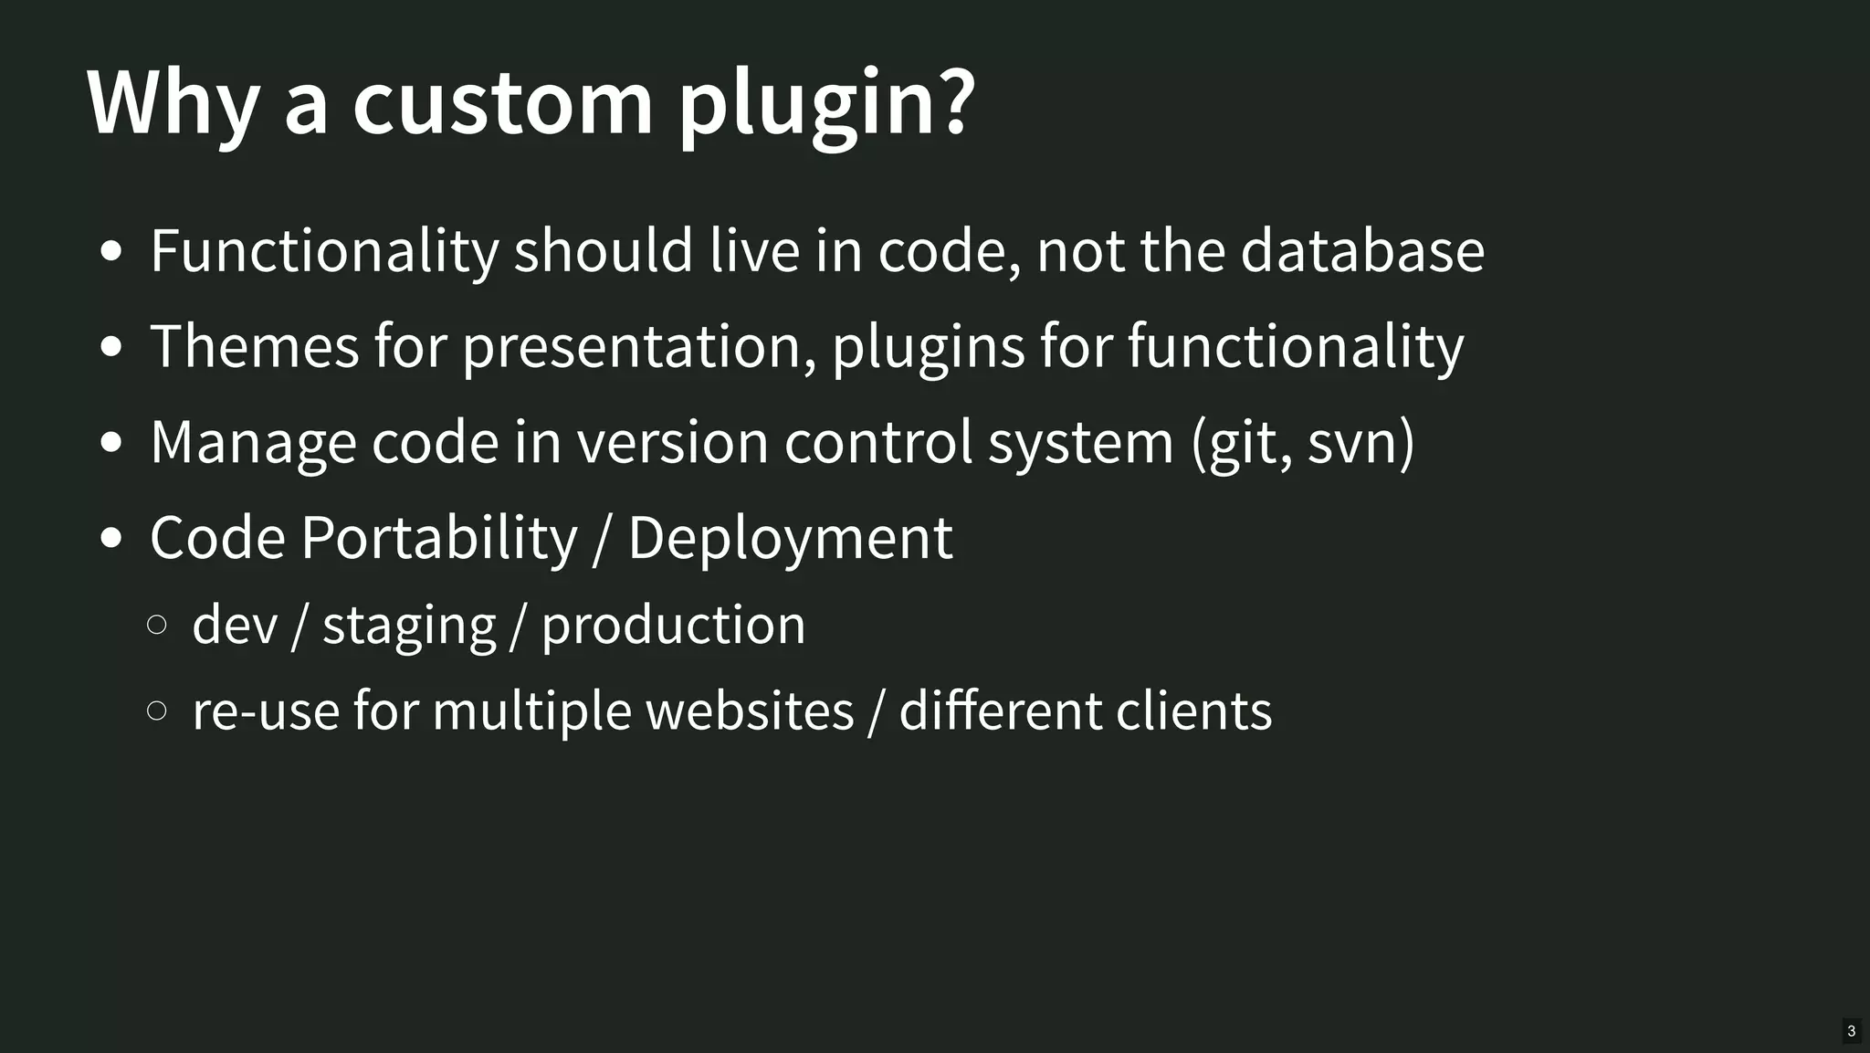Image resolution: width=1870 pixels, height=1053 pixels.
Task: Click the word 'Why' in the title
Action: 173,102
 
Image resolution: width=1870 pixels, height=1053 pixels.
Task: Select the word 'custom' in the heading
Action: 502,102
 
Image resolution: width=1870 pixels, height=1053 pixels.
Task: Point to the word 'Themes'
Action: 255,346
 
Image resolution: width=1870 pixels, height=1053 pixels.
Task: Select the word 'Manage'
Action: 252,443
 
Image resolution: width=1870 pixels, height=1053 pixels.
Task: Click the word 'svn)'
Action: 1360,443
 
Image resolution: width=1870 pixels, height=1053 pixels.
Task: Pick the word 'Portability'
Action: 439,537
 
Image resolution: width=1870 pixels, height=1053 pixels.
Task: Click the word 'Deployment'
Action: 790,539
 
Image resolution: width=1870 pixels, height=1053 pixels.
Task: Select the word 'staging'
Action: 409,627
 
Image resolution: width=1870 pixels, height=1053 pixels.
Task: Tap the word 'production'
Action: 673,627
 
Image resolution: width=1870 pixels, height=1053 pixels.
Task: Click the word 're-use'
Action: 266,711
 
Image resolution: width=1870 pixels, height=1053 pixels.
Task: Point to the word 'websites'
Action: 750,711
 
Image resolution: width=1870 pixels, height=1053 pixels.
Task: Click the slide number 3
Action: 1851,1031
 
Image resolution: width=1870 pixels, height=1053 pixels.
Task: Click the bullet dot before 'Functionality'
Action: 111,252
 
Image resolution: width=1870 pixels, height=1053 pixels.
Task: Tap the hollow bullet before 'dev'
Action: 156,625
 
